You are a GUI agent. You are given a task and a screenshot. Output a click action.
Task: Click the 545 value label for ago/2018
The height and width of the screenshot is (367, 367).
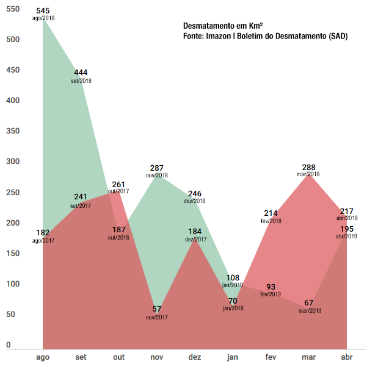[x=43, y=12]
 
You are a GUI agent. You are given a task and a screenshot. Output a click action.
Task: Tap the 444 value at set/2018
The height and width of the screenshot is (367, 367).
[x=81, y=73]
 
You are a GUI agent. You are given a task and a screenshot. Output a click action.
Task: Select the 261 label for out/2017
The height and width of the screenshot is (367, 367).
[x=118, y=184]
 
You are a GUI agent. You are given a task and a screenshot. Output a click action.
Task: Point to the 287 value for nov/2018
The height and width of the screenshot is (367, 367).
[x=158, y=168]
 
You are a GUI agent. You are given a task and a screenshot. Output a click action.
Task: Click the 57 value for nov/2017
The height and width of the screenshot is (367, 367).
[x=157, y=310]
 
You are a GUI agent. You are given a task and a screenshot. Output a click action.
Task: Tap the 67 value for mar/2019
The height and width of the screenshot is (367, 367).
[x=310, y=303]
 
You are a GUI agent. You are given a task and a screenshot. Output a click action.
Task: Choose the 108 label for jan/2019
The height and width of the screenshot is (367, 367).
[x=233, y=278]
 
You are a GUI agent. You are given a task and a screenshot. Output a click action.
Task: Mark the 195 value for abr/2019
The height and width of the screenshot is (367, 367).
[x=347, y=229]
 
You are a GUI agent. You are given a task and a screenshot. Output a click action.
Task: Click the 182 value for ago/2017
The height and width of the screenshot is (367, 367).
[x=43, y=233]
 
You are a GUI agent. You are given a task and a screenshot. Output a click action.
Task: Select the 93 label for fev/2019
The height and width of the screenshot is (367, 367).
[x=271, y=287]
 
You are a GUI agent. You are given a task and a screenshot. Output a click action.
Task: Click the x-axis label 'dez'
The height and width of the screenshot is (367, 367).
[x=195, y=357]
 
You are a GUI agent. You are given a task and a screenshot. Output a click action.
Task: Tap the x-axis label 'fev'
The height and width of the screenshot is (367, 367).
[x=271, y=357]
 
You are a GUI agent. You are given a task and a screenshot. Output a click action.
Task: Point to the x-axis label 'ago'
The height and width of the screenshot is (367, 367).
[x=43, y=357]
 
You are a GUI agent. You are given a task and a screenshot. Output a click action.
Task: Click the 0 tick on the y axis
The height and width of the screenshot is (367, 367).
[x=9, y=345]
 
